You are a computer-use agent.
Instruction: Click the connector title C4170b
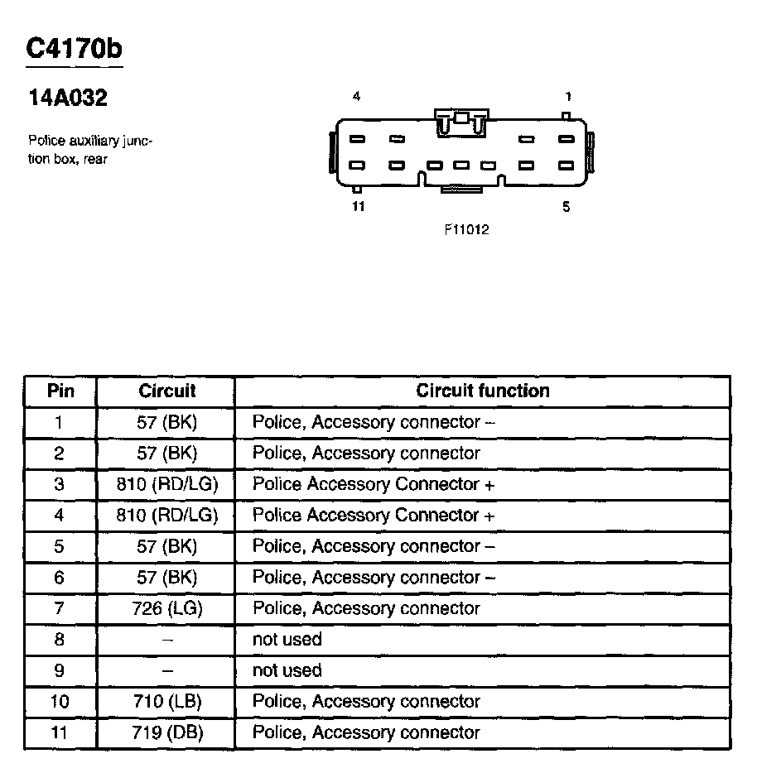click(74, 49)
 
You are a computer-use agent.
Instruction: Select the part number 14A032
click(68, 99)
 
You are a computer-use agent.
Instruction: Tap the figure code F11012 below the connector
click(466, 230)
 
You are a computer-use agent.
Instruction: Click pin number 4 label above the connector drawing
click(356, 97)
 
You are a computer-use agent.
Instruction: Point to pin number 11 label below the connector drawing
click(358, 207)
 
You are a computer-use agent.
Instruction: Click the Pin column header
click(60, 391)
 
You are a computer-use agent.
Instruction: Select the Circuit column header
click(166, 391)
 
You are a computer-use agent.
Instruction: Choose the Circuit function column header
click(482, 391)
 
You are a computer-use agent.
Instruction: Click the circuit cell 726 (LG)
click(166, 609)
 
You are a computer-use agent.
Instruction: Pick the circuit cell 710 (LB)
click(166, 702)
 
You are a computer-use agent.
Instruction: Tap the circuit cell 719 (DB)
click(166, 733)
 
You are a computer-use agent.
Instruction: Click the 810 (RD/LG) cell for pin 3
click(166, 484)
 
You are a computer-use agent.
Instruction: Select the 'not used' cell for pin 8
click(287, 640)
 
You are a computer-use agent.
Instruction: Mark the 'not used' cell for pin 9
click(287, 670)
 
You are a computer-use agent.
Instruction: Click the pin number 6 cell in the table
click(60, 578)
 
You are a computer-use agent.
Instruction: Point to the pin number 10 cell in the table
click(60, 702)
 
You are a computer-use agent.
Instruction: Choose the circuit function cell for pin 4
click(373, 516)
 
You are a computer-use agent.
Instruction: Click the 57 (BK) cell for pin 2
click(166, 454)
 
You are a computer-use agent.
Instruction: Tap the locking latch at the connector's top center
click(461, 121)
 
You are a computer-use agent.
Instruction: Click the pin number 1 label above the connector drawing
click(568, 97)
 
